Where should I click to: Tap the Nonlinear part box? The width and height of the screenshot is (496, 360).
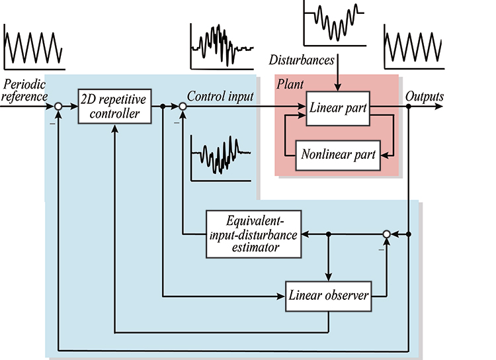coord(338,156)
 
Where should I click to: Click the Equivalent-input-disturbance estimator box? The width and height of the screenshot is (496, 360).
coord(253,234)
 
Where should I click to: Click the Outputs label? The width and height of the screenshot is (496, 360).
coord(425,96)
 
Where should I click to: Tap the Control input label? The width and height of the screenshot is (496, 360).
coord(220,96)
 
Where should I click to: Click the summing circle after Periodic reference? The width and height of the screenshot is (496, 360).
coord(59,106)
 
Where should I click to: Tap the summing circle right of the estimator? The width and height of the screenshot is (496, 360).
coord(388,234)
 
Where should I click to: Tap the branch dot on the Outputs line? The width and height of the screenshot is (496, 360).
coord(409,106)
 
